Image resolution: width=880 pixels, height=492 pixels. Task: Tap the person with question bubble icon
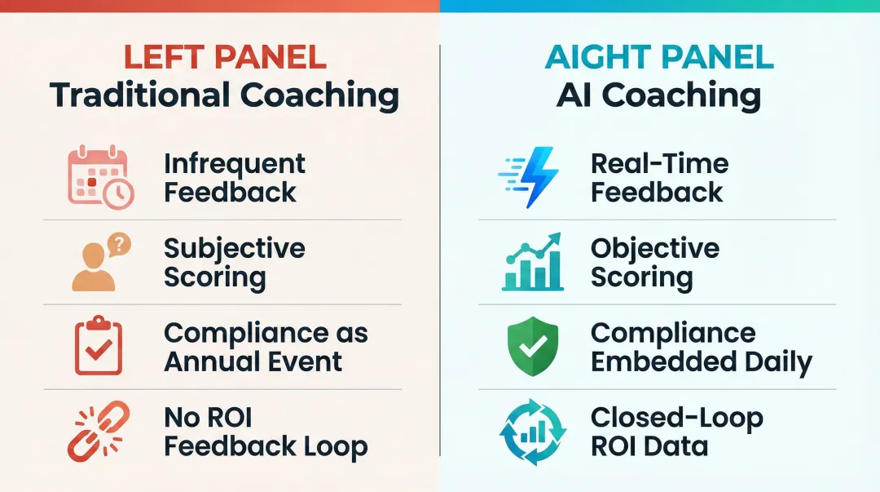click(x=99, y=262)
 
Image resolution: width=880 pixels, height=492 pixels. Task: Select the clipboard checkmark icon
click(x=99, y=348)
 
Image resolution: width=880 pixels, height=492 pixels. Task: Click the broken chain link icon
click(x=97, y=432)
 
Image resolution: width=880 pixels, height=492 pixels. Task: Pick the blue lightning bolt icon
click(x=530, y=177)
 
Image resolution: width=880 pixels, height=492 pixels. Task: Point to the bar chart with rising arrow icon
click(x=532, y=262)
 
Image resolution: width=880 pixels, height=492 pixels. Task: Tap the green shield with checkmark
click(x=530, y=348)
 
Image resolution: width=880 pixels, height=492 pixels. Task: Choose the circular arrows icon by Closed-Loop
click(x=530, y=432)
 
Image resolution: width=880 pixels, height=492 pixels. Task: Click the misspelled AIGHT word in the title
click(x=600, y=57)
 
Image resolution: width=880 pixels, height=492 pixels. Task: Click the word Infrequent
click(x=235, y=163)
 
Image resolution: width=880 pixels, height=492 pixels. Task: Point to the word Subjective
click(x=235, y=248)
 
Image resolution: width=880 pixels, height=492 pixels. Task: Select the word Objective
click(x=654, y=248)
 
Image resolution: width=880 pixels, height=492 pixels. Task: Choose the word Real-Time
click(x=659, y=163)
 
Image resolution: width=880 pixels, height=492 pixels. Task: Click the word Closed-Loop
click(x=676, y=418)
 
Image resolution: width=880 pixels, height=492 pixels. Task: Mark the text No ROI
click(x=208, y=418)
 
